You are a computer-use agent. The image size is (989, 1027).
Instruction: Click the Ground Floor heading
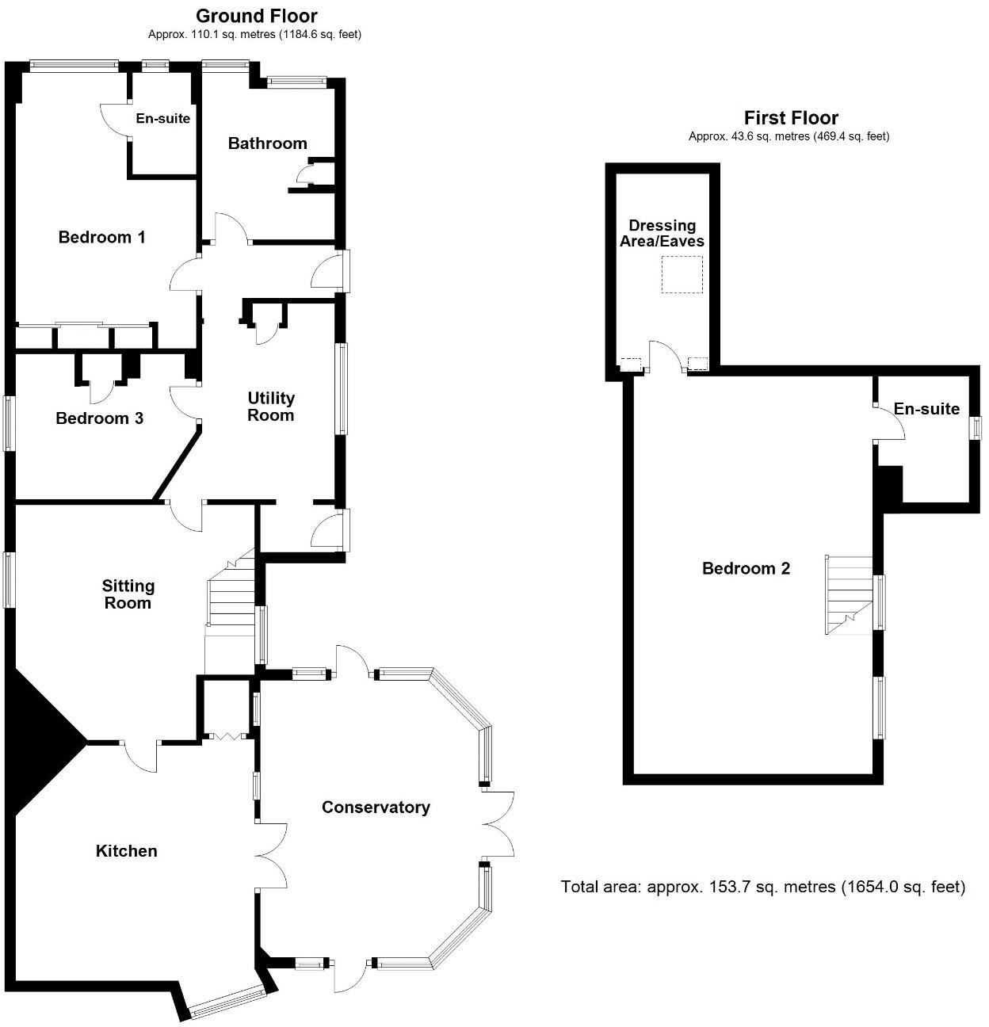pos(256,16)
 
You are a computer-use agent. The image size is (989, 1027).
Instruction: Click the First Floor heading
pos(790,118)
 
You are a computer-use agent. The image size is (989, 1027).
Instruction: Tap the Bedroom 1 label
pos(101,237)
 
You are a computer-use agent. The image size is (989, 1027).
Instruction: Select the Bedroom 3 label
pos(99,418)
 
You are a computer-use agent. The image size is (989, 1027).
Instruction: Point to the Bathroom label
pos(267,143)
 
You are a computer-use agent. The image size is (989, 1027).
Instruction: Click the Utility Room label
pos(270,407)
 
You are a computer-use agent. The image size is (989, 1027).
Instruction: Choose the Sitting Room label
pos(128,594)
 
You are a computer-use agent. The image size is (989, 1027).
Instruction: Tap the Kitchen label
pos(126,851)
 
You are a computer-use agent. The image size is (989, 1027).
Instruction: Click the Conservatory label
pos(376,807)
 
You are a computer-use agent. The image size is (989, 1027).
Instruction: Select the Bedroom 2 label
pos(746,568)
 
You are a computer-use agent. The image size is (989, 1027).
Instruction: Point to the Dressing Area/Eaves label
pos(662,234)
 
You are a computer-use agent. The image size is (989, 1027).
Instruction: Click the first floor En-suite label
pos(926,409)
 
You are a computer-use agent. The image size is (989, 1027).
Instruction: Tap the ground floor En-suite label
pos(163,118)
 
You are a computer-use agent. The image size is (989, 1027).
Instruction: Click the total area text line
pos(762,887)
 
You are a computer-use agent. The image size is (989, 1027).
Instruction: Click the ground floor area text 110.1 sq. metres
pos(254,35)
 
